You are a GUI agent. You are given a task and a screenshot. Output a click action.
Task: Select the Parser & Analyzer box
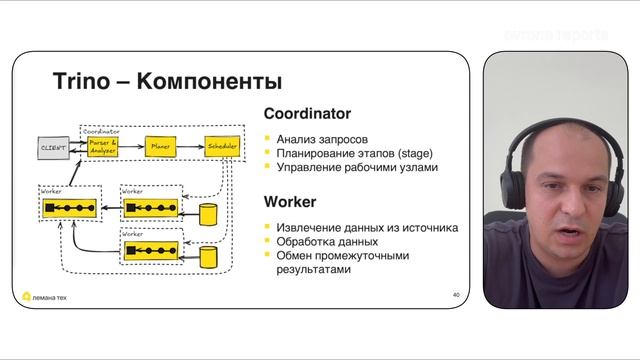(x=103, y=147)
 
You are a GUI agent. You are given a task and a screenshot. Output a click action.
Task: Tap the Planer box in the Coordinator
(x=160, y=147)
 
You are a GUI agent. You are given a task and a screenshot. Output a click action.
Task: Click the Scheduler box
(x=222, y=147)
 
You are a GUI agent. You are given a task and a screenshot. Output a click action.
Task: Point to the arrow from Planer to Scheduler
(x=190, y=147)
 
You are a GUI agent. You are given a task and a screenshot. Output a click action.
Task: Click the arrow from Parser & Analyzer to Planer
(x=132, y=147)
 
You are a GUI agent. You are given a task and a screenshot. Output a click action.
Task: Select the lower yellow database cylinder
(x=208, y=257)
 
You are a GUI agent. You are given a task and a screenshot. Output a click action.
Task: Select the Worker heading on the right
(x=290, y=202)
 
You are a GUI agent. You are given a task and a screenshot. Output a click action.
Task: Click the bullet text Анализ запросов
(x=322, y=138)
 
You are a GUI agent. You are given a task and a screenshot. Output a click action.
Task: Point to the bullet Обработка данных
(x=328, y=241)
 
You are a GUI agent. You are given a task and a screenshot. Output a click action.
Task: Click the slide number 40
(x=456, y=295)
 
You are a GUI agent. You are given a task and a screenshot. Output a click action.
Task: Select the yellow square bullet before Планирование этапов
(x=268, y=153)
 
